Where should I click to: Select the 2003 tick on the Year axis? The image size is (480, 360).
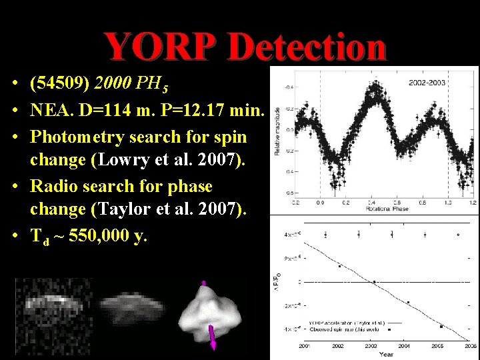coord(371,346)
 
